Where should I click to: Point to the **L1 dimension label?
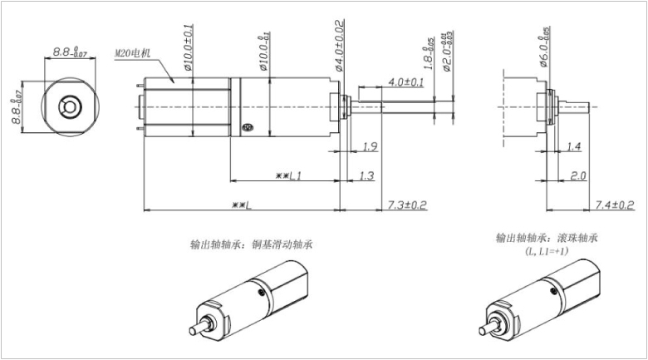tap(287, 175)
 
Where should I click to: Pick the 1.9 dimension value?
tap(371, 147)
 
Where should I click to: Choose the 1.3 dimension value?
tap(367, 175)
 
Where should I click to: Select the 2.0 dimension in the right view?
tap(578, 175)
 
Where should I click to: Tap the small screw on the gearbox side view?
tap(246, 127)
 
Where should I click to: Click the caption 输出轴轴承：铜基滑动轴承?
tap(245, 244)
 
